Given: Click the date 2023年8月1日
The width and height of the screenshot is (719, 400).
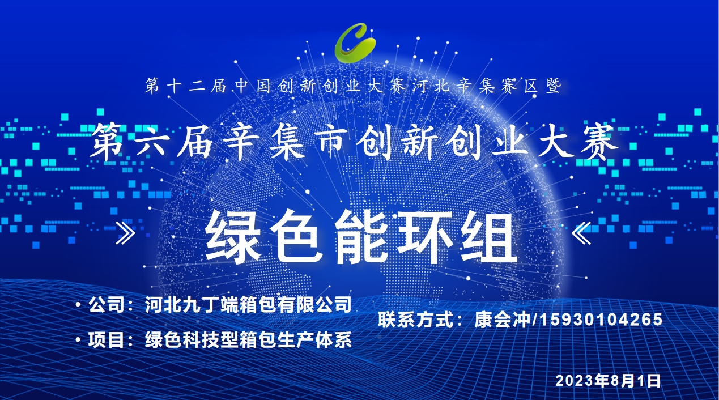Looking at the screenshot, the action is click(608, 381).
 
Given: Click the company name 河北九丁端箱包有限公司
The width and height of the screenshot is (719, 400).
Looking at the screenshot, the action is click(248, 304).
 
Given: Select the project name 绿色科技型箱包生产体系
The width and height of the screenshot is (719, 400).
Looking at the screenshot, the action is click(248, 340).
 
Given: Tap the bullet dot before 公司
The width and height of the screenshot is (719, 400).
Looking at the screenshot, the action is click(78, 304).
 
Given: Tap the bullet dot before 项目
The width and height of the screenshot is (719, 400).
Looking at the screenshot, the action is click(78, 339).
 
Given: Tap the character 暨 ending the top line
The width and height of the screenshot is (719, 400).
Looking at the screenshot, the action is click(554, 86).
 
